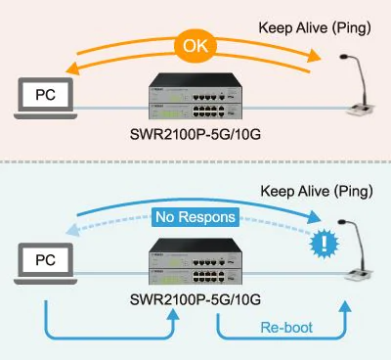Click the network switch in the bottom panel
tap(196, 265)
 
